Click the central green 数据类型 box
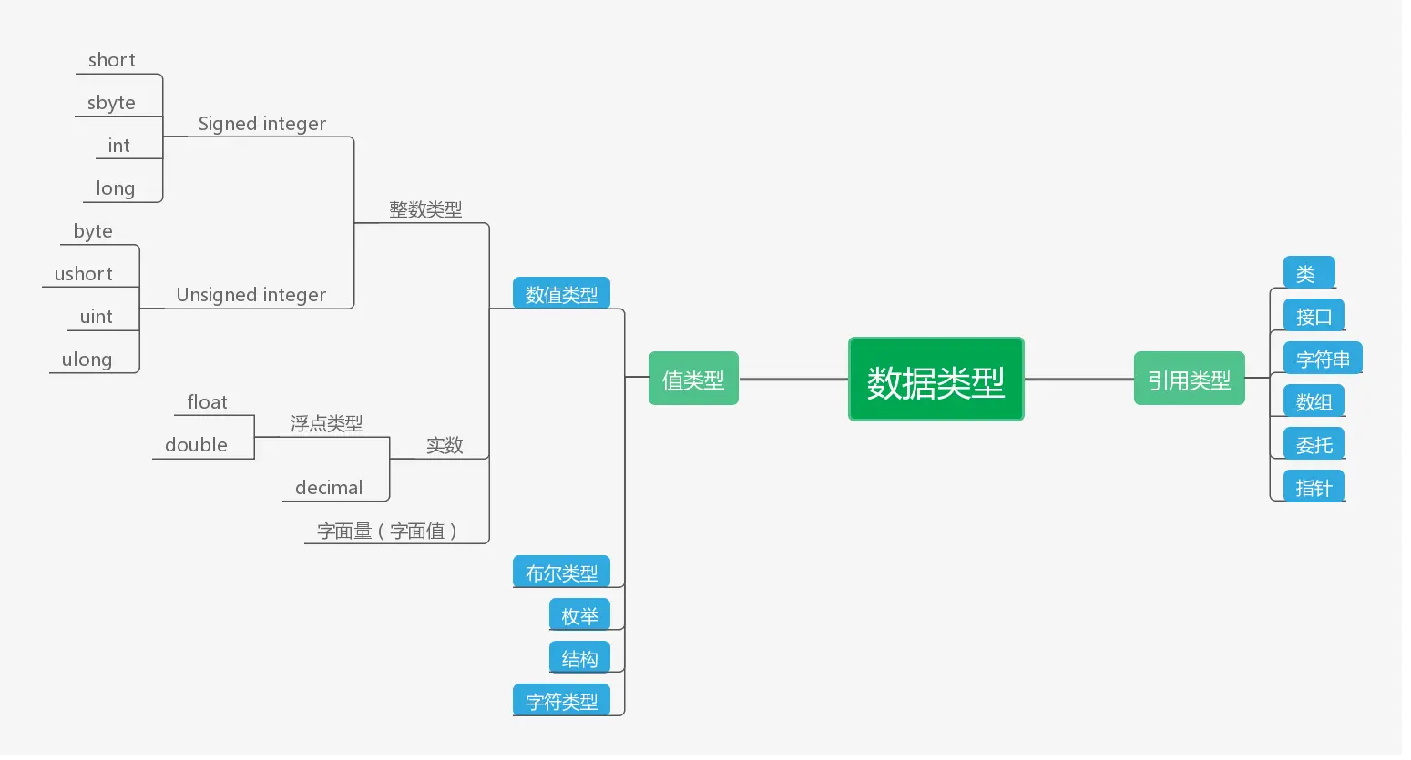pos(936,380)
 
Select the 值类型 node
pos(693,379)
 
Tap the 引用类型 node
pos(1189,379)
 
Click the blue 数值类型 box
pos(561,294)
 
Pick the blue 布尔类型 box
pos(561,573)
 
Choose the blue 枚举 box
pos(579,615)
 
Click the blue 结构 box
pos(579,658)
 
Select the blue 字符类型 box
pos(561,701)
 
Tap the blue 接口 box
pos(1314,316)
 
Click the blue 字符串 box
pos(1323,359)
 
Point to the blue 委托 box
pos(1314,444)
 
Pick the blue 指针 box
pos(1314,487)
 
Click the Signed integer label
pos(261,124)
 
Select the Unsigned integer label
pos(251,295)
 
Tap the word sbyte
pos(111,103)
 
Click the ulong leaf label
pos(87,360)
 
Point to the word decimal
pos(329,488)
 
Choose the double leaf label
pos(196,445)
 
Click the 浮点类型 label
pos(326,423)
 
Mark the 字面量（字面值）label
pos(387,531)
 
